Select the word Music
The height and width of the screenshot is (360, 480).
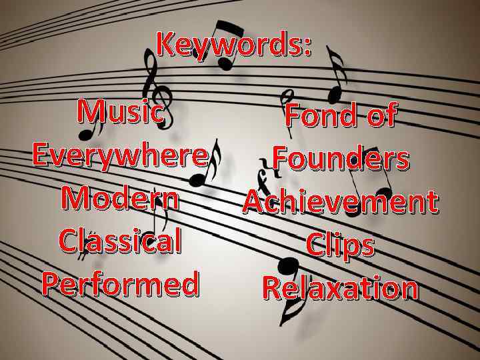pyautogui.click(x=120, y=111)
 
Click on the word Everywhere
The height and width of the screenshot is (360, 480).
pyautogui.click(x=119, y=157)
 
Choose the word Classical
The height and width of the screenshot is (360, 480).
pyautogui.click(x=120, y=241)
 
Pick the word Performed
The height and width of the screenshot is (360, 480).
pyautogui.click(x=120, y=283)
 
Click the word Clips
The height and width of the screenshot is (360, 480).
pyautogui.click(x=340, y=245)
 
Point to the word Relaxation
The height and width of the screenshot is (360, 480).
pyautogui.click(x=340, y=288)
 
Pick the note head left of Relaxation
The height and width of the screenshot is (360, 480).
pyautogui.click(x=288, y=267)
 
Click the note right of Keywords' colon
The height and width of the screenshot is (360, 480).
pyautogui.click(x=337, y=70)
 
